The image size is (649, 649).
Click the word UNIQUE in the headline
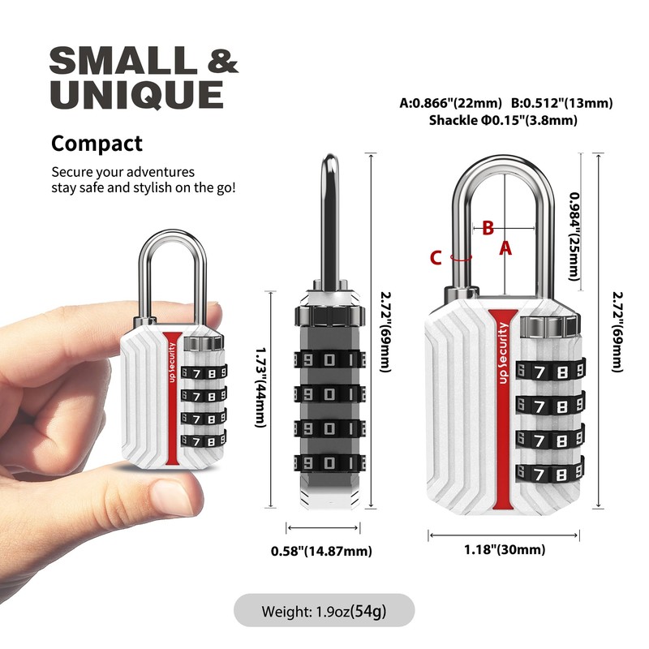pos(136,94)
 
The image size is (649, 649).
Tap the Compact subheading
pos(97,144)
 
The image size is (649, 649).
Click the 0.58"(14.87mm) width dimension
pos(322,552)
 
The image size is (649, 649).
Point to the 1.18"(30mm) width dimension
pos(504,550)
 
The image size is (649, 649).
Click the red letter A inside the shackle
pos(505,248)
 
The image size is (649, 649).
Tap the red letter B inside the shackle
pos(488,228)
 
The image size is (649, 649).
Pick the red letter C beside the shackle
pos(436,258)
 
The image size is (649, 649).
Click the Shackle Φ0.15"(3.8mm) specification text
pos(503,120)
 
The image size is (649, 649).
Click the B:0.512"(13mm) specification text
pos(561,103)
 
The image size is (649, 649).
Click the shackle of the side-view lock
pos(330,219)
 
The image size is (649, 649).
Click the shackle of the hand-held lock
pos(173,268)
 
